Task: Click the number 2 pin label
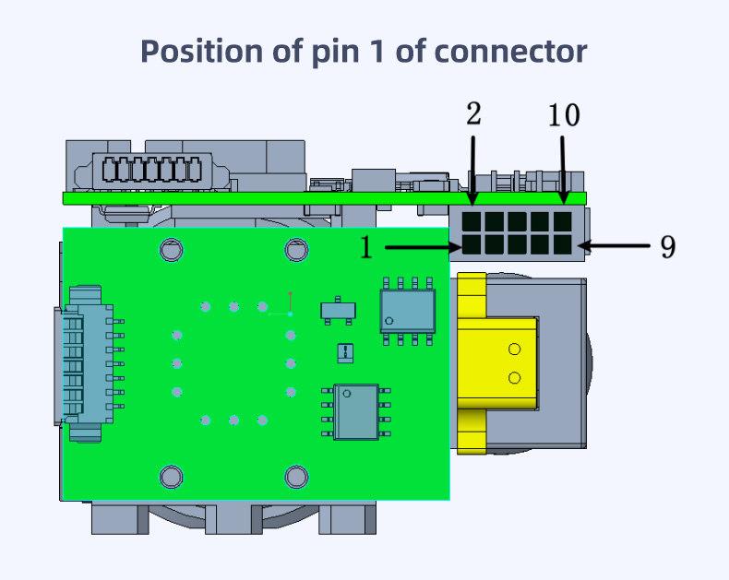[473, 114]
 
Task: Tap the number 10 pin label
[564, 115]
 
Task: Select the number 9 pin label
[668, 246]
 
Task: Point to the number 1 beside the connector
[366, 247]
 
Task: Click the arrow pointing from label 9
[617, 246]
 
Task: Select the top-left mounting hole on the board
[171, 249]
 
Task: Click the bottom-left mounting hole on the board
[171, 476]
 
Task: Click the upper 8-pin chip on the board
[407, 312]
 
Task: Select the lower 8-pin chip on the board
[356, 411]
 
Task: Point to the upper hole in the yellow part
[515, 349]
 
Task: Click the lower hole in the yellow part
[515, 378]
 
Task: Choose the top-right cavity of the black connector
[562, 222]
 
